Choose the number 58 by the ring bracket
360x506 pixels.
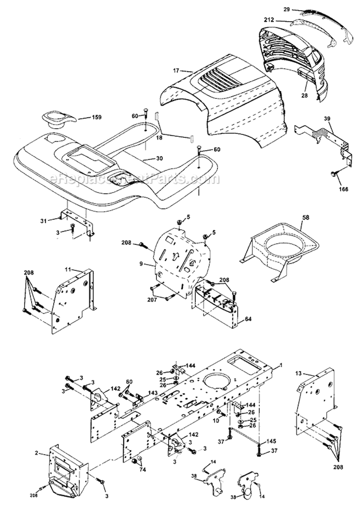[305, 217]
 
